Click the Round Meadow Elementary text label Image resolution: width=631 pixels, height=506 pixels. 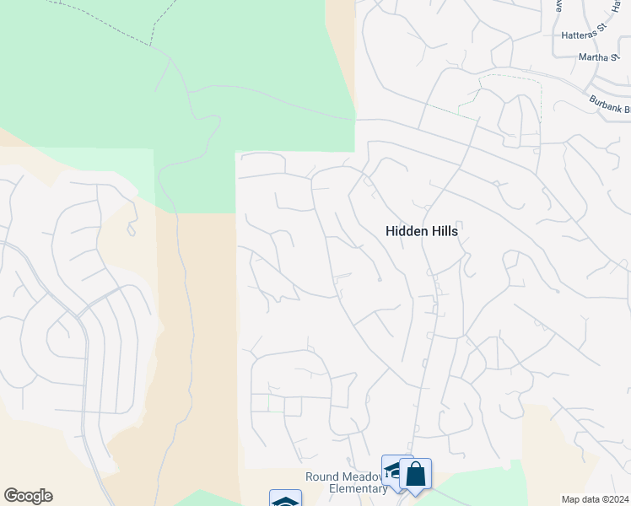(x=346, y=482)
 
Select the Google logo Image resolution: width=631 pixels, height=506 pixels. (x=28, y=496)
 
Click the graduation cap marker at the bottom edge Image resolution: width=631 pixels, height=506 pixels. (x=285, y=500)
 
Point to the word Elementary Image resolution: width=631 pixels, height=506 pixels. (x=346, y=488)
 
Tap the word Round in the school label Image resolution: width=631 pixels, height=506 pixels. (x=322, y=476)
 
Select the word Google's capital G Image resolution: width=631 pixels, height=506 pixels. (x=10, y=496)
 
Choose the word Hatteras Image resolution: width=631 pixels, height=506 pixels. (x=578, y=35)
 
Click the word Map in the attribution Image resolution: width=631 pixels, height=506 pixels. (x=570, y=499)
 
